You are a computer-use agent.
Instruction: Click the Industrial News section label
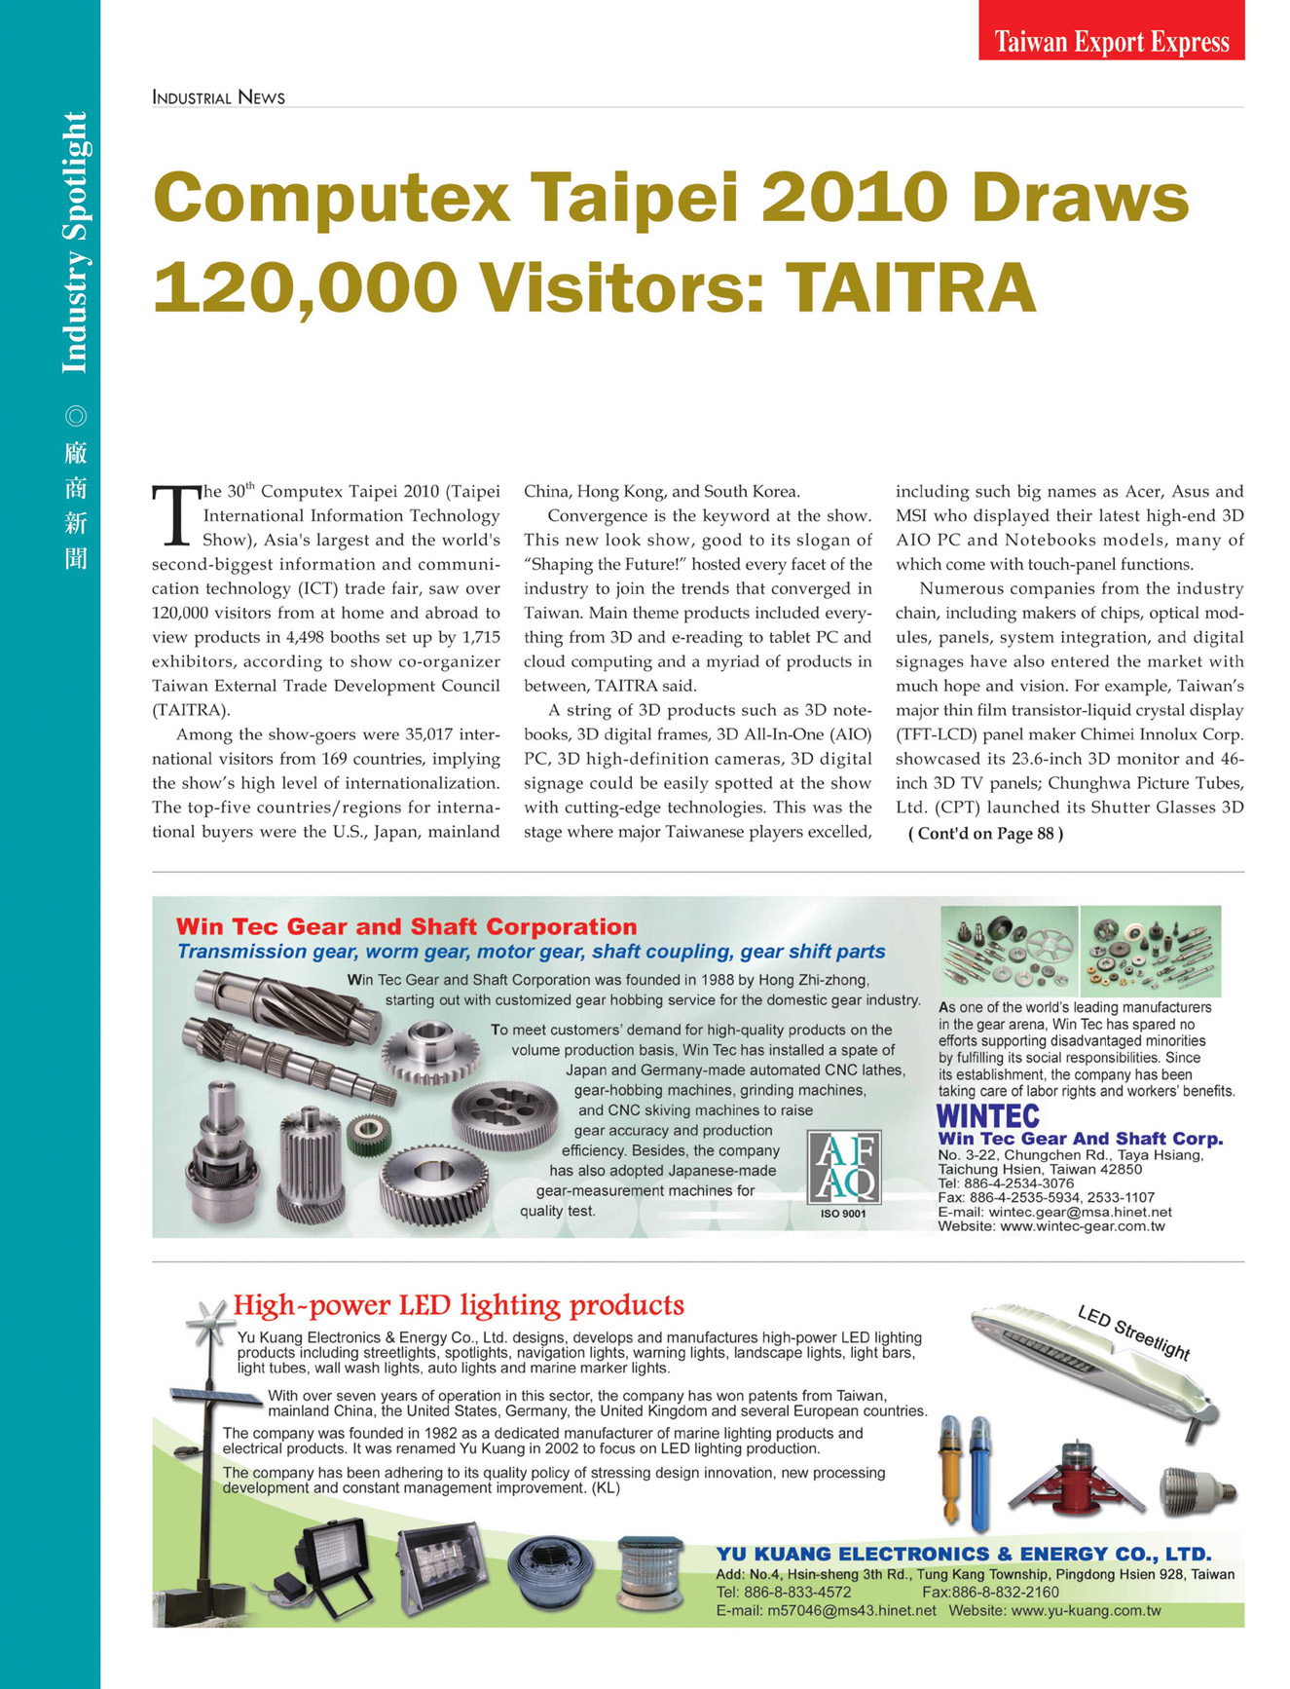coord(218,97)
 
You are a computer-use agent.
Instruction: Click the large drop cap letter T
coord(175,515)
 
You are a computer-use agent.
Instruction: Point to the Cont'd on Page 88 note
coord(985,834)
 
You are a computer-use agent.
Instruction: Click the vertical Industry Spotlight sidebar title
coord(75,243)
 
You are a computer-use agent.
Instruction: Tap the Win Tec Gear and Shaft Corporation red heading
coord(406,926)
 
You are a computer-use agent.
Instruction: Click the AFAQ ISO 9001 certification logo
coord(844,1168)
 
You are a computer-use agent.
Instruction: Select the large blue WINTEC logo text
coord(987,1116)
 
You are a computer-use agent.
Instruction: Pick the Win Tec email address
coord(1054,1212)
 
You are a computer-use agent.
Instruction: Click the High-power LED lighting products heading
coord(459,1305)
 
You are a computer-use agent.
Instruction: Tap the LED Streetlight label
coord(1133,1332)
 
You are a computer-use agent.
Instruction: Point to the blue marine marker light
coord(979,1471)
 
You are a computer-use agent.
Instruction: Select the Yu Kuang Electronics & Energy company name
coord(964,1554)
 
